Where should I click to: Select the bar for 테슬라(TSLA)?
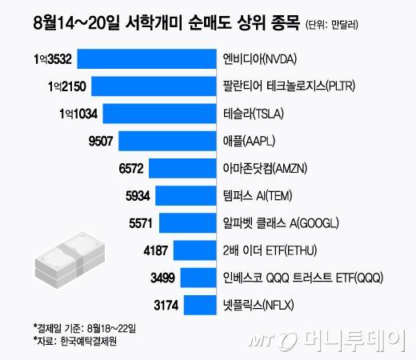[161, 113]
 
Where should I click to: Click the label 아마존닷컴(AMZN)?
[260, 168]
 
